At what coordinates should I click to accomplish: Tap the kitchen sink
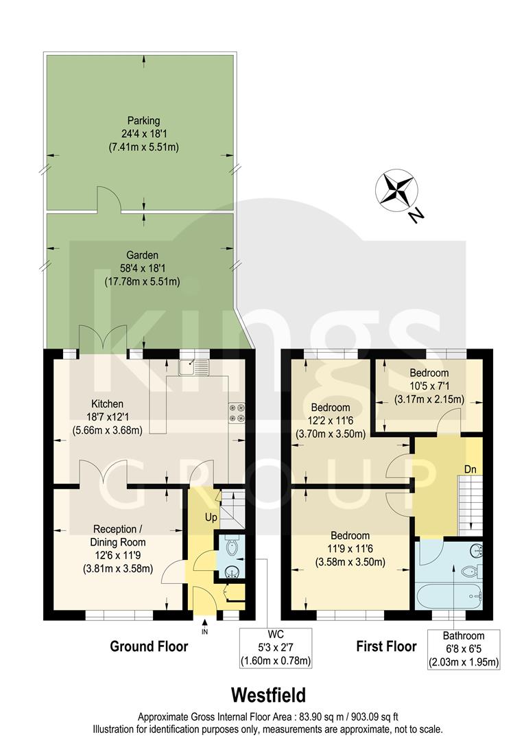(x=193, y=367)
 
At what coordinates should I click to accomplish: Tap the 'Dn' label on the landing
(x=471, y=469)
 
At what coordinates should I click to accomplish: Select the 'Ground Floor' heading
(x=149, y=646)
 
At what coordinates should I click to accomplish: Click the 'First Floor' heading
(x=386, y=646)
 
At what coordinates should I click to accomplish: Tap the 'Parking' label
(x=143, y=121)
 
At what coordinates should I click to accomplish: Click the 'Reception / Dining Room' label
(x=120, y=535)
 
